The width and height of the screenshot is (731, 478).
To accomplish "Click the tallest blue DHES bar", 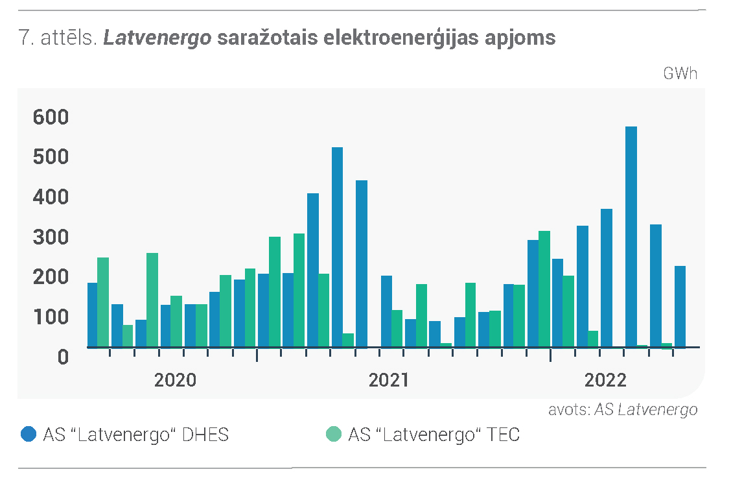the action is point(631,237).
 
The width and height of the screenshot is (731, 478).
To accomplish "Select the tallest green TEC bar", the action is point(544,289).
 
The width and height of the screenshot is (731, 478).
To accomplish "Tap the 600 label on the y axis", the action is point(51,117).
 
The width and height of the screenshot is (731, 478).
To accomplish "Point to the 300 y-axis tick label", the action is point(51,237).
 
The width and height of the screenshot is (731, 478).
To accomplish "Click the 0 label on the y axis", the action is point(63,357).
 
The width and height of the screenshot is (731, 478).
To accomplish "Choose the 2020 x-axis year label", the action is point(175,380).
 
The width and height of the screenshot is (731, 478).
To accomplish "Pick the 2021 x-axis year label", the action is point(389,380).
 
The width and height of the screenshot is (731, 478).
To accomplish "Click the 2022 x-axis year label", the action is point(605,380).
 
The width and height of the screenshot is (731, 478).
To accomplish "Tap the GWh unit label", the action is point(680,73).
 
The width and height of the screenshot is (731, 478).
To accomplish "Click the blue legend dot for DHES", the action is point(29,434).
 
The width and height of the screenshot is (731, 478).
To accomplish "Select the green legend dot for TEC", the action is point(334,434).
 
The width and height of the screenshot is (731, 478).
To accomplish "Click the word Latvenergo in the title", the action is point(157,38).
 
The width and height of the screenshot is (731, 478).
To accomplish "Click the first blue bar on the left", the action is point(92,315).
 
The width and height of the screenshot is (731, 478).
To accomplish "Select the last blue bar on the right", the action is point(680,307).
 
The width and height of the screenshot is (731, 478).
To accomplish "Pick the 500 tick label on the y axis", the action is point(51,157).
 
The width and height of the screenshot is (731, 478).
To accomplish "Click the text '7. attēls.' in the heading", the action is point(58,38).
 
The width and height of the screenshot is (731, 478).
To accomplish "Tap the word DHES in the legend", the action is point(205,435).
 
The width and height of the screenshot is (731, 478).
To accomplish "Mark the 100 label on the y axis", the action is point(51,317).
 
